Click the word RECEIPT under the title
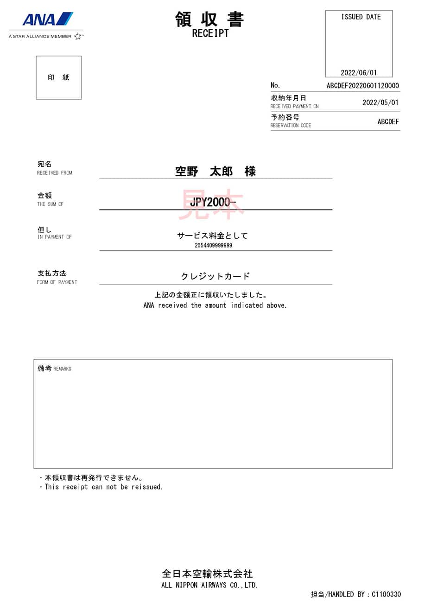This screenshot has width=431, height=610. coord(210,33)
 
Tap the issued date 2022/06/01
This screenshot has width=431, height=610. coord(359,73)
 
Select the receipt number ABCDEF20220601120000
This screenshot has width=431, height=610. coord(362,86)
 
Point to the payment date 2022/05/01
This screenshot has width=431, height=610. coord(380,102)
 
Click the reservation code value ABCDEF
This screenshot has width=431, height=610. coord(388,121)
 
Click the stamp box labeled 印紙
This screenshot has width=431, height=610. coord(58,77)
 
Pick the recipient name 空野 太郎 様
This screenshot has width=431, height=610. coord(215,172)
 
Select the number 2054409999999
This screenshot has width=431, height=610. coord(213,245)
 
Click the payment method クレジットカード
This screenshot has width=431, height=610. coord(215,276)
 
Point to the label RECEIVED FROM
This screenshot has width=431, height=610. coord(55,173)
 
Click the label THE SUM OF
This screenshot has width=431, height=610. coord(50,204)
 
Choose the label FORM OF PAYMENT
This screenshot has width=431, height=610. coord(57,282)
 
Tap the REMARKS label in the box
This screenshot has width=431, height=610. coord(62,369)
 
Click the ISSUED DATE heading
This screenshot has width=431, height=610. coord(361,17)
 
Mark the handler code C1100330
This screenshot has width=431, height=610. coord(386,594)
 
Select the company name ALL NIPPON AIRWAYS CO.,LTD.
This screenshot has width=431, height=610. coord(209,585)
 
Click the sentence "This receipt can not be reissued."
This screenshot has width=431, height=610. coord(103,487)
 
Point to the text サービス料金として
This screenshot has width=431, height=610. coord(212,235)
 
